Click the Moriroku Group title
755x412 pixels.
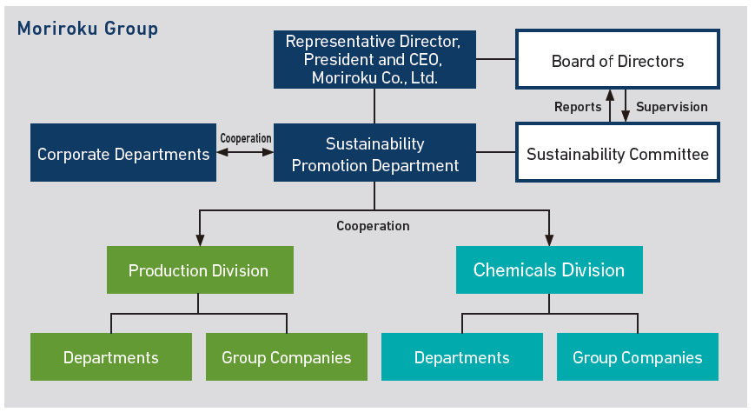[88, 29]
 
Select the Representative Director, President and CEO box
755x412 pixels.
[374, 59]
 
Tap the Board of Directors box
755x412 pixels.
[618, 60]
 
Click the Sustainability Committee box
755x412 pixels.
[618, 154]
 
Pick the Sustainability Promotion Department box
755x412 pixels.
[374, 153]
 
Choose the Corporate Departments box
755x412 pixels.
[123, 154]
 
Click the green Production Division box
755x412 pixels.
[199, 270]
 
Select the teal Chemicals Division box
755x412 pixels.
[549, 269]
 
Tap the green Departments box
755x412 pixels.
[111, 357]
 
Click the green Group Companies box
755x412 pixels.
[287, 357]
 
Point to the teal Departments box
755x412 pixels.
[462, 357]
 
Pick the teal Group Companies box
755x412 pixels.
[638, 357]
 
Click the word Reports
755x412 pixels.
[578, 107]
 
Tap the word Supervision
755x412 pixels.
[672, 107]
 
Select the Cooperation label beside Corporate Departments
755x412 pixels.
[246, 138]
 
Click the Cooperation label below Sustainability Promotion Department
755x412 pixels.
[373, 226]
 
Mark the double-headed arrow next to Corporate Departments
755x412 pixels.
[245, 153]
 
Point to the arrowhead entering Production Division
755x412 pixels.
[199, 241]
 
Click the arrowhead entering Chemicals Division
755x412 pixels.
[549, 241]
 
